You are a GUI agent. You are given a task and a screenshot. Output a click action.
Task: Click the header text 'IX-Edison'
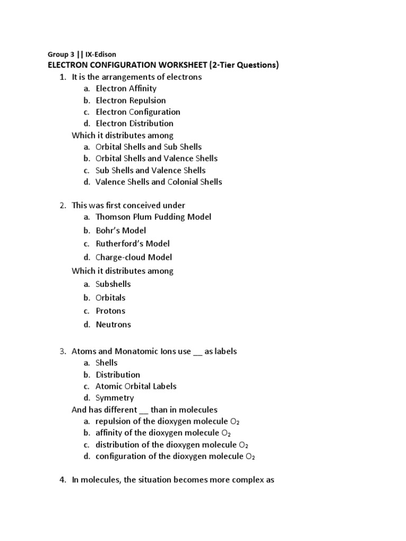point(99,54)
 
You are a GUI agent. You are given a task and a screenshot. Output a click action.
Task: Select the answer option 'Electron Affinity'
point(126,88)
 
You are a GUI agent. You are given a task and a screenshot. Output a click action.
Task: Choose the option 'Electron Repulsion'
point(131,100)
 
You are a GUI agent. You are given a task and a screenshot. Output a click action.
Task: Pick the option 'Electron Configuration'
point(138,111)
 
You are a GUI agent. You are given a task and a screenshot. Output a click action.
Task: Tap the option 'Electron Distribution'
point(134,123)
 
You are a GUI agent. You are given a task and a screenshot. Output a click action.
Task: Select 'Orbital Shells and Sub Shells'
point(149,146)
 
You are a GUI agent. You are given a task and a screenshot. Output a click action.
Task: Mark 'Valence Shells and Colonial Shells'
point(159,182)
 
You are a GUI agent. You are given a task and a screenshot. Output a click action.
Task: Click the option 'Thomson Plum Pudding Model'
point(153,217)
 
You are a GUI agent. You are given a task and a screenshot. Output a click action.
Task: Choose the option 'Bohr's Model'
point(121,230)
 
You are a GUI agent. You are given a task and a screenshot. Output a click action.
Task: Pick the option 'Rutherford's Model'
point(133,244)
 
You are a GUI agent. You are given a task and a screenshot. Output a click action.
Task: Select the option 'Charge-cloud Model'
point(134,257)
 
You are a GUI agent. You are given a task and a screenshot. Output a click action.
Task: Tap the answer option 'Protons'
point(110,311)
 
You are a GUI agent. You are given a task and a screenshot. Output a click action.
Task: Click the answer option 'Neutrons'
point(113,324)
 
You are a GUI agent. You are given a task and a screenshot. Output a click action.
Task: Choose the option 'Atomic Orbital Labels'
point(136,386)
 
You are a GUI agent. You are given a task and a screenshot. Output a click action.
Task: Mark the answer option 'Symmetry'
point(115,398)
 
